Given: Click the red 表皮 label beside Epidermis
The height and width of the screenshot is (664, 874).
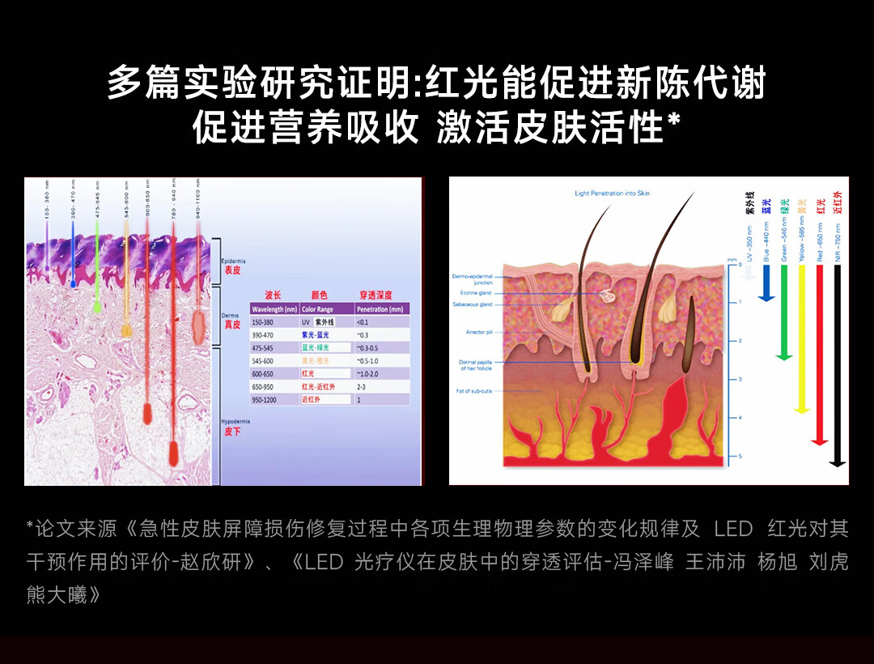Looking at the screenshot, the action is click(x=232, y=270).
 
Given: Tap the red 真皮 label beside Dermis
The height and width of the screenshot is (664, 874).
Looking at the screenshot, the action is click(x=232, y=324).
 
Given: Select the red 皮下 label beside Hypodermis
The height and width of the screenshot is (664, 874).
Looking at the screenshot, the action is click(x=232, y=432).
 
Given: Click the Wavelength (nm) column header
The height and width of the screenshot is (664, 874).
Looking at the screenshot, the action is click(x=274, y=309).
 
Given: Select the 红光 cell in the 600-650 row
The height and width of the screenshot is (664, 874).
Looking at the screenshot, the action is click(x=308, y=373).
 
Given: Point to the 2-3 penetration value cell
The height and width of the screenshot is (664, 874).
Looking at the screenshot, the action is click(x=362, y=387).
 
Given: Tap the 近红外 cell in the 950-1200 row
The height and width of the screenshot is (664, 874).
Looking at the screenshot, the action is click(x=312, y=399).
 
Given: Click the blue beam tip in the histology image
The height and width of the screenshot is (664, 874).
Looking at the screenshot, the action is click(x=73, y=283).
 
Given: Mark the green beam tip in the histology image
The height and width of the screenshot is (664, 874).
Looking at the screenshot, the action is click(x=97, y=308).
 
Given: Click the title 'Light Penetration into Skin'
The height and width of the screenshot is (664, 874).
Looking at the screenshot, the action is click(x=612, y=194).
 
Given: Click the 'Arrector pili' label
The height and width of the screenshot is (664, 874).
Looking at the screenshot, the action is click(x=474, y=332).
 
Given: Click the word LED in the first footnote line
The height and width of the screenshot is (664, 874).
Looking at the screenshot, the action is click(x=733, y=530).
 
